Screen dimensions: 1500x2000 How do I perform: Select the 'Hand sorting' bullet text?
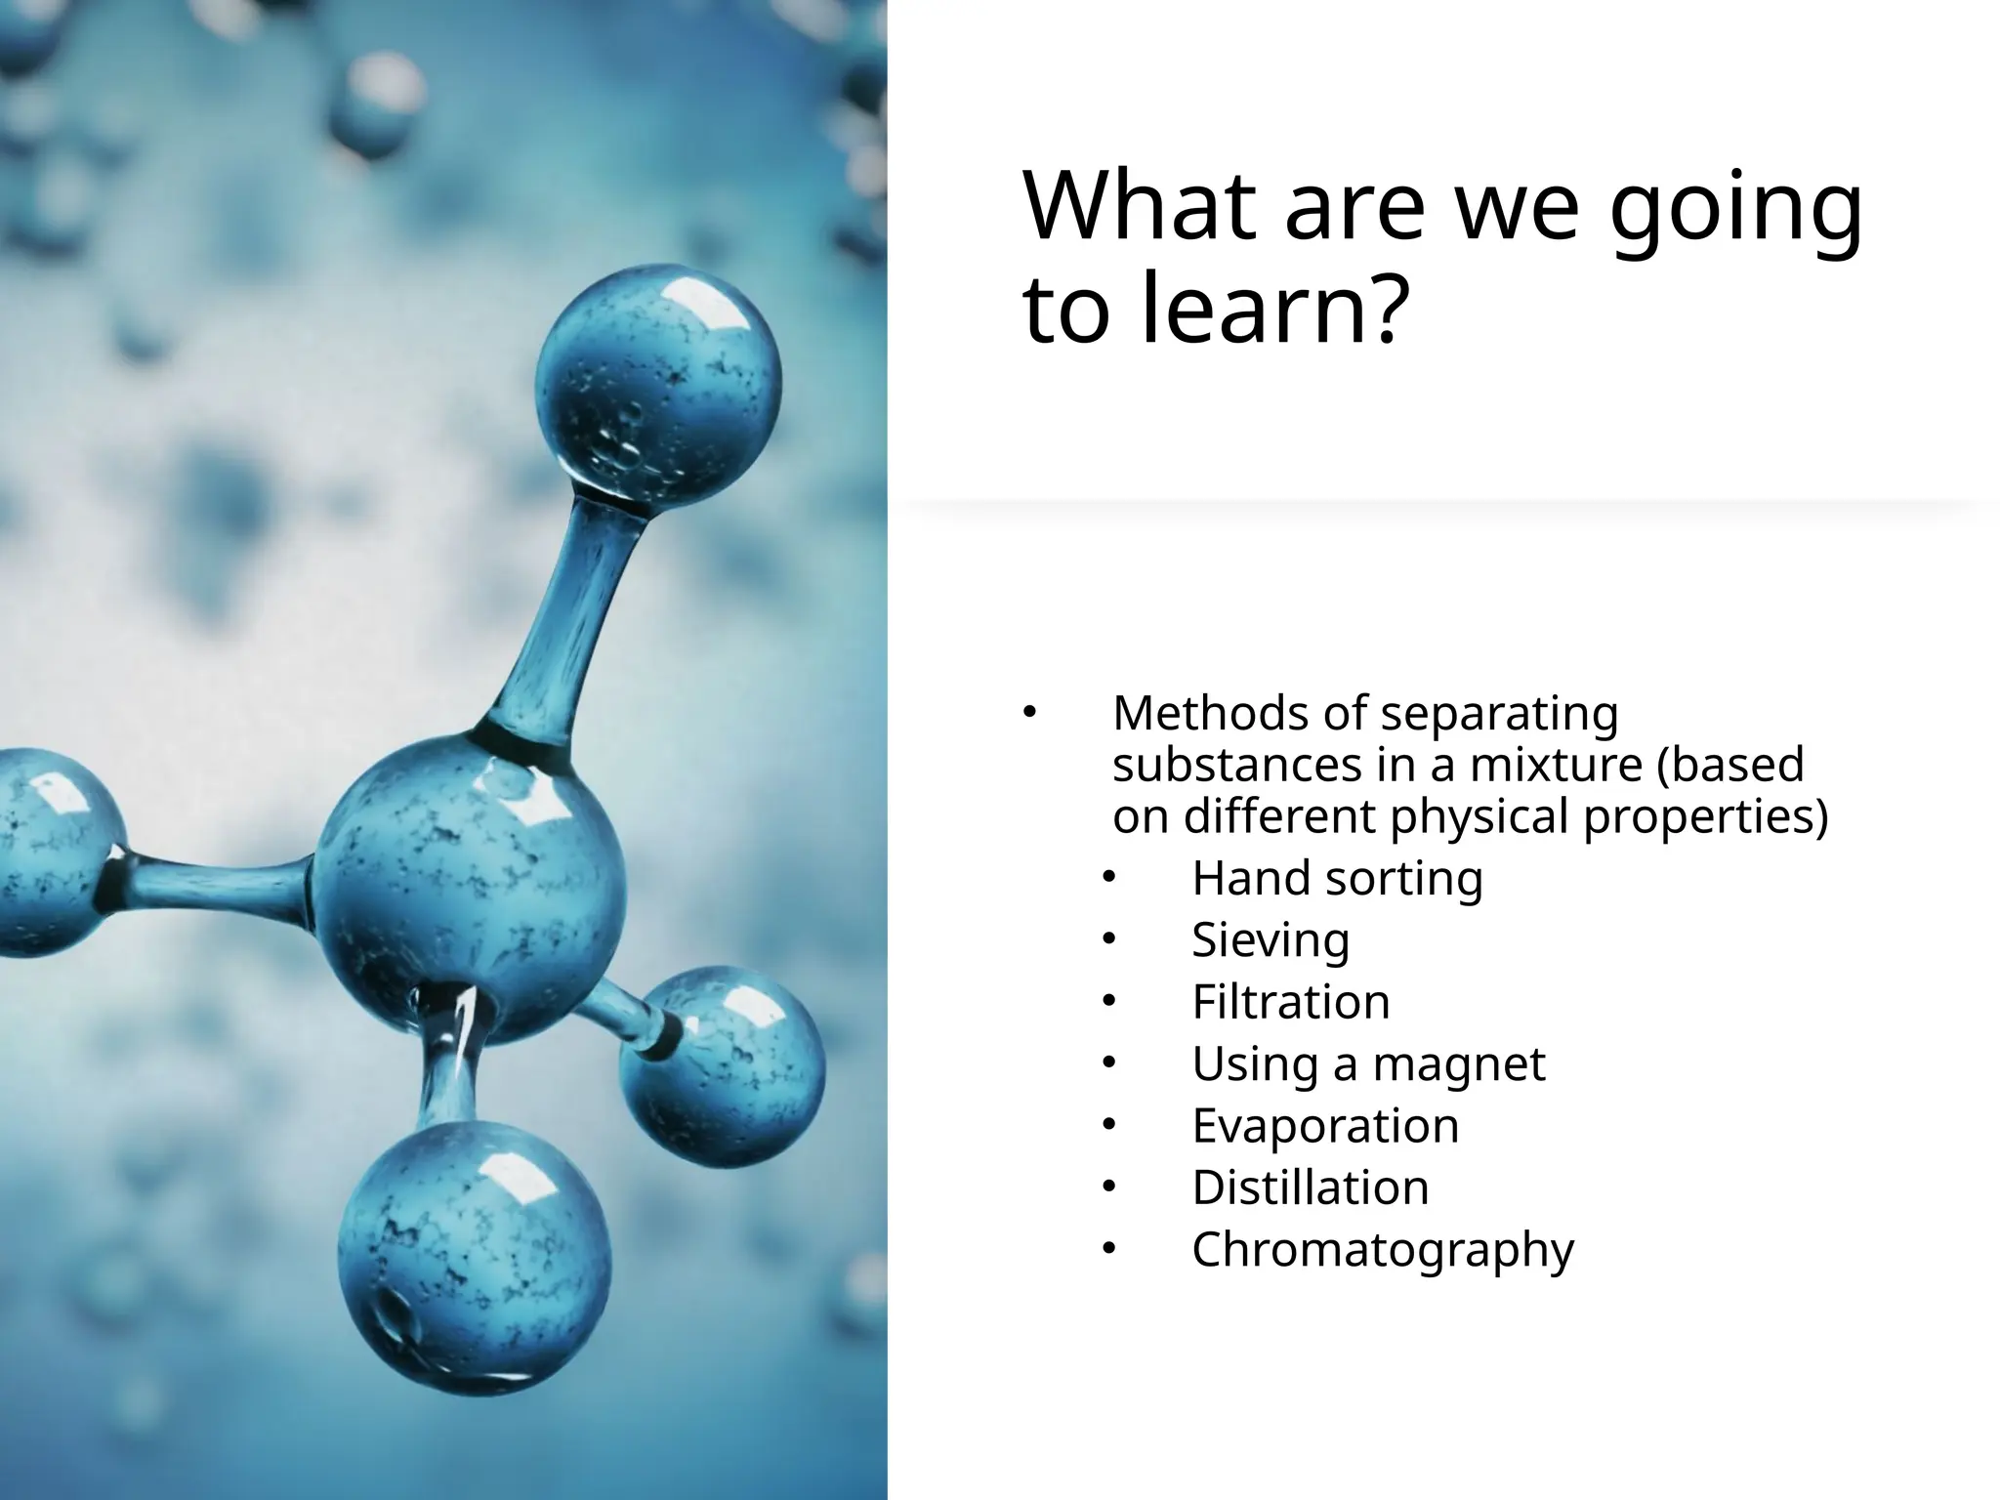(1337, 878)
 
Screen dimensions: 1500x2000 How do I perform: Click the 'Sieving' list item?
(1271, 939)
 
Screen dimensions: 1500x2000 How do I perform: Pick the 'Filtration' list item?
(1290, 1002)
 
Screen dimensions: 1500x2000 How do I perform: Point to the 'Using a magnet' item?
(1368, 1063)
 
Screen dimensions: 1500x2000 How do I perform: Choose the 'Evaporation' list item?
(1325, 1125)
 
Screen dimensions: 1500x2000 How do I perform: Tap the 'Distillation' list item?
(1310, 1187)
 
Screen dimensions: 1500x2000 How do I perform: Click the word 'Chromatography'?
(1383, 1249)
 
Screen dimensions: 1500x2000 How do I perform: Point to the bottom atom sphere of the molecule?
(475, 1260)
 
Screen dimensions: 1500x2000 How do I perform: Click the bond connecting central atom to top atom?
(566, 625)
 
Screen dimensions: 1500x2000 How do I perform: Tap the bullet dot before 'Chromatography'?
(1107, 1249)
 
